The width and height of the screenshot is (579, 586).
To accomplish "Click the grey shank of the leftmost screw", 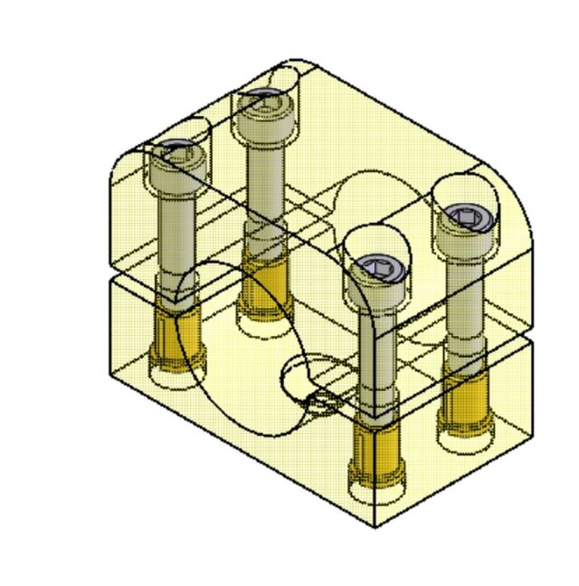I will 176,235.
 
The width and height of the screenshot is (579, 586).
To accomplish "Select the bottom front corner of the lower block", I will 375,526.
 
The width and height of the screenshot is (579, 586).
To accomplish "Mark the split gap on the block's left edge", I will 110,275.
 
